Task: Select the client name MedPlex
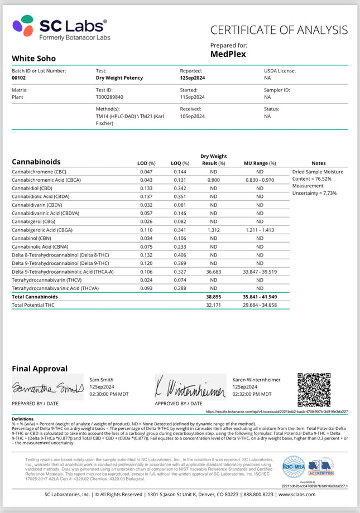click(228, 54)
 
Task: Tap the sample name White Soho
click(33, 58)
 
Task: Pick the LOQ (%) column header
click(180, 163)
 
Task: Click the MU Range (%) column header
click(260, 163)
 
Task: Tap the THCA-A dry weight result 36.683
click(213, 272)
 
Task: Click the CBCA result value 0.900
click(213, 180)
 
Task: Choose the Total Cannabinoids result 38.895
click(213, 297)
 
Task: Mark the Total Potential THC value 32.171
click(213, 306)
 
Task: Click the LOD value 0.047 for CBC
click(147, 171)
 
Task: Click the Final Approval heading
click(40, 369)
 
